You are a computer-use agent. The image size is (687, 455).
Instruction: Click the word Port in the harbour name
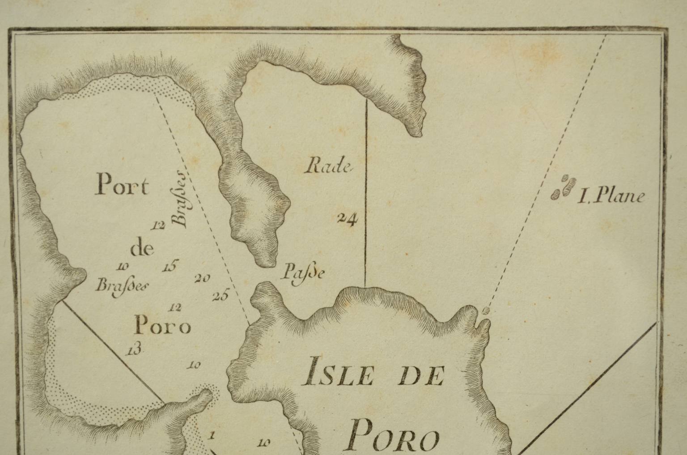[x=121, y=186]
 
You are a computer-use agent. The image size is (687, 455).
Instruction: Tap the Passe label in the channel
[x=302, y=272]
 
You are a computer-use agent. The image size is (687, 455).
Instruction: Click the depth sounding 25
[x=221, y=295]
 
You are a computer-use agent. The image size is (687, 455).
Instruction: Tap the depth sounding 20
[x=202, y=278]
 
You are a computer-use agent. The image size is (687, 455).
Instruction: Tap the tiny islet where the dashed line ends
[x=487, y=309]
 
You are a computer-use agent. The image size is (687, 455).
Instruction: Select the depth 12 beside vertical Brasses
[x=158, y=225]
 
